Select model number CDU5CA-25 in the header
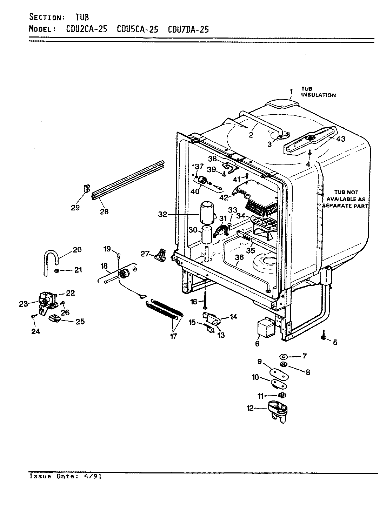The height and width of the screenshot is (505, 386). [137, 29]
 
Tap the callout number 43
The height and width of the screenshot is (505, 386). [341, 139]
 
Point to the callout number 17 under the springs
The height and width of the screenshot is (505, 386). [173, 336]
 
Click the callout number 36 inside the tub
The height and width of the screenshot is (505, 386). [239, 257]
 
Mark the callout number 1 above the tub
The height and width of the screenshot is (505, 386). [291, 92]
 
